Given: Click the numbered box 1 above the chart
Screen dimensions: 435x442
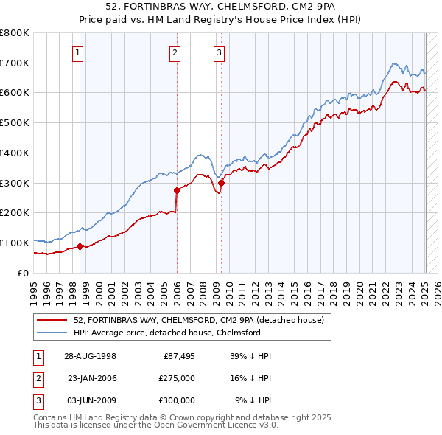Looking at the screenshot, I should tap(78, 52).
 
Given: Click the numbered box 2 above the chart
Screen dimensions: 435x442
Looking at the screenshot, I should tap(175, 52).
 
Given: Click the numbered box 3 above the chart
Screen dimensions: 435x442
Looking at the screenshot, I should tap(219, 52).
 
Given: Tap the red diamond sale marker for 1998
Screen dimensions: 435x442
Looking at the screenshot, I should tap(80, 246).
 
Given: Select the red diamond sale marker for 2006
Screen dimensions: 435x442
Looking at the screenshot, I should tap(177, 190).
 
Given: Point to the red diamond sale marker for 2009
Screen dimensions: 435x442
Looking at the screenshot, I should tap(221, 183).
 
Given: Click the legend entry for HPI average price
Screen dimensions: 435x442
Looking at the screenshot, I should tap(166, 333).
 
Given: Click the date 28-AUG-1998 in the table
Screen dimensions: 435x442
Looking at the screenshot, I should tap(90, 356).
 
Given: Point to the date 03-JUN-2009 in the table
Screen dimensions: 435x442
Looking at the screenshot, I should tap(90, 400).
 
